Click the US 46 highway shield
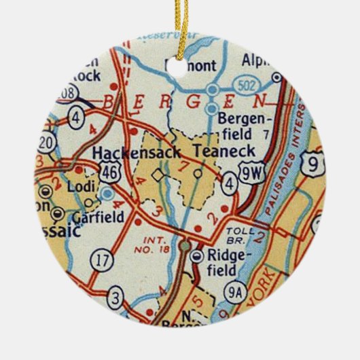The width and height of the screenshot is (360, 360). point(109,173)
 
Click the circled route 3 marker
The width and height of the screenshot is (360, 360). point(116,298)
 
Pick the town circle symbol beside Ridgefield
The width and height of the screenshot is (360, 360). point(197,256)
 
